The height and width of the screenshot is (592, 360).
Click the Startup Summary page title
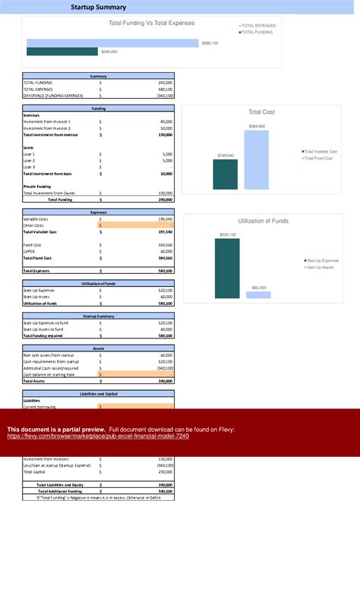(99, 7)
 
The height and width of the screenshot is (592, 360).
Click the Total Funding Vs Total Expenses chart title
(152, 23)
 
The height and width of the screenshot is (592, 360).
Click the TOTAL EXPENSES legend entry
(258, 26)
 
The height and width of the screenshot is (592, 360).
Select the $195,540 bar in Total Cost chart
(226, 174)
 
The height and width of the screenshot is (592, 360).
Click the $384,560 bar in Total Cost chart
(257, 159)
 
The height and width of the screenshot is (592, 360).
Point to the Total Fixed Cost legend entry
(321, 158)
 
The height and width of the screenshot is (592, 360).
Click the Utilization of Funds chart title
(264, 221)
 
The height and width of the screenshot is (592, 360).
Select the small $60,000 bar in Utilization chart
(258, 294)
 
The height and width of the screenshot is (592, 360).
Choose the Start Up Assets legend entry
(319, 267)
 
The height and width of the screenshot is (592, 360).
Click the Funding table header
(99, 109)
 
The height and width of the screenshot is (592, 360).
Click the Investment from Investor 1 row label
(47, 121)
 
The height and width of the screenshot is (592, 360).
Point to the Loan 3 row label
(30, 167)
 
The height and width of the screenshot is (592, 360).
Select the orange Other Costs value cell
(136, 225)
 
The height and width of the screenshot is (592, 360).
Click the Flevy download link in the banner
(98, 436)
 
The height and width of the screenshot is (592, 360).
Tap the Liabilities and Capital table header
(99, 394)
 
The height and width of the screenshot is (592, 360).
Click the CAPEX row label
(30, 251)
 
